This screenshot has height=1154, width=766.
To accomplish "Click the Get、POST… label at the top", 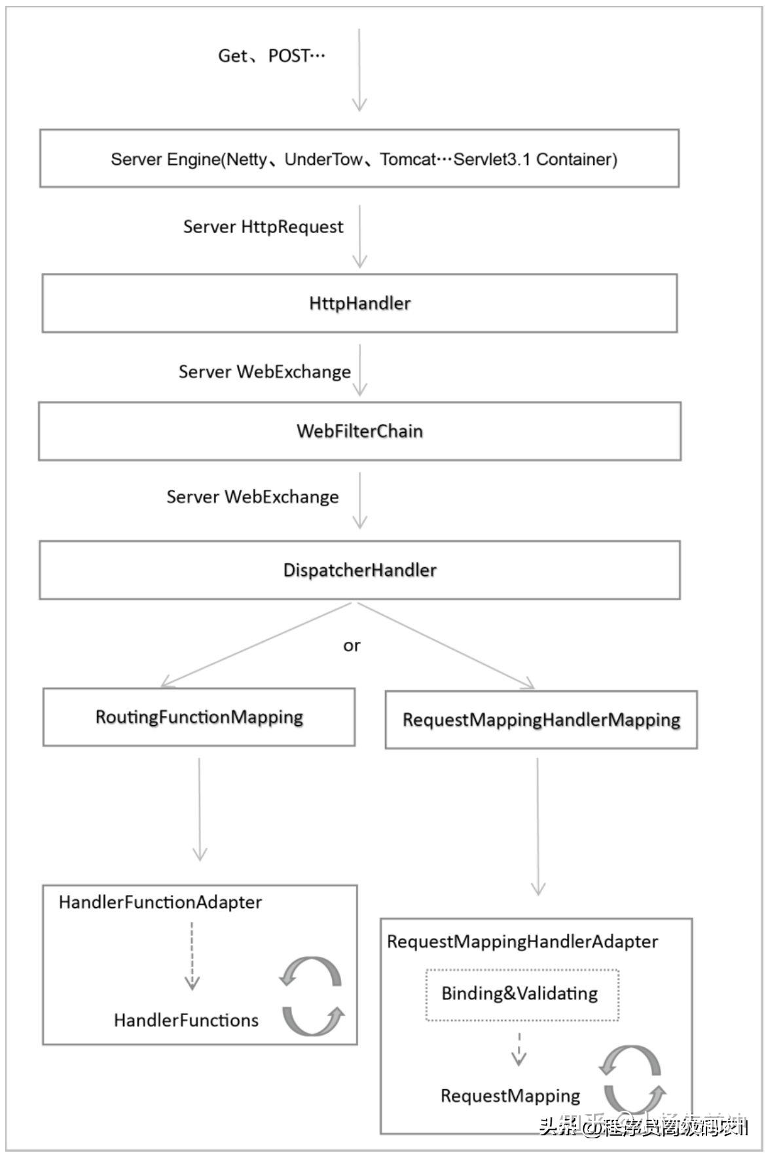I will (x=271, y=56).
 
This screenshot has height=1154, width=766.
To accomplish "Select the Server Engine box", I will (x=359, y=158).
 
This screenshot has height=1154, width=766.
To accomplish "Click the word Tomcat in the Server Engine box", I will (x=407, y=159).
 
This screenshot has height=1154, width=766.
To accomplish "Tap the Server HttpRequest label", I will (x=263, y=227).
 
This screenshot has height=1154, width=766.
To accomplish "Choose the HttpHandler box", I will (x=359, y=303).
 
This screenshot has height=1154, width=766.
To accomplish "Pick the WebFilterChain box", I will (x=359, y=431).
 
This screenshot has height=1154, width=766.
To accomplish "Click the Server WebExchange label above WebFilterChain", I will (x=264, y=371).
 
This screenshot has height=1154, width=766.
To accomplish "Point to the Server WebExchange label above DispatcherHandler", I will (x=252, y=496).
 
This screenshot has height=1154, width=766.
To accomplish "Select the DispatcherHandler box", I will (x=359, y=570).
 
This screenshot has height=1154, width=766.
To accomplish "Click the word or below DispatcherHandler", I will (x=352, y=646).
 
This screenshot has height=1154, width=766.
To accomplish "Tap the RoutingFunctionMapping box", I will (x=199, y=717).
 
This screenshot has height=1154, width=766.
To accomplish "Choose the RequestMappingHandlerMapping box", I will (x=541, y=720).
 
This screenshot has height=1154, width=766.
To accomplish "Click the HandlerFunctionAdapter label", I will (x=160, y=902).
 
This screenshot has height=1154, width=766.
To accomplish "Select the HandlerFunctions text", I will (x=186, y=1020).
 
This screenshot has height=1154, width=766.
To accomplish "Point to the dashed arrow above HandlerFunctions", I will (x=192, y=956).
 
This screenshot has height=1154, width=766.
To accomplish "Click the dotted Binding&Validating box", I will (x=521, y=994).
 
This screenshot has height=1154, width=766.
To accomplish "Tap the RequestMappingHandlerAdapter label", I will (x=522, y=941).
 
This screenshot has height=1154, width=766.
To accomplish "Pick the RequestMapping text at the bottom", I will (x=510, y=1096).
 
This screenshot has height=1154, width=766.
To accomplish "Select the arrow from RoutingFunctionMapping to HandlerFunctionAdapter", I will (x=200, y=809).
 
